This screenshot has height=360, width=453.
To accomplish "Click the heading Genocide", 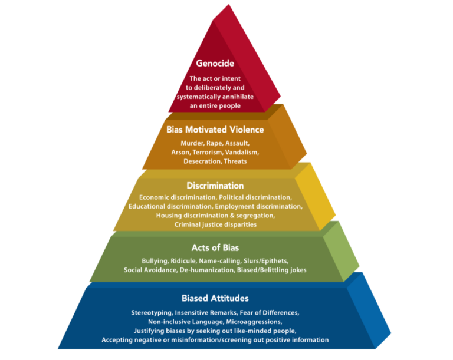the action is [215, 63].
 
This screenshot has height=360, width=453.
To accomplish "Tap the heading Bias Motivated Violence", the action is [215, 130].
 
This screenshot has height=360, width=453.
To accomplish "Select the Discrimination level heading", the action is [215, 186].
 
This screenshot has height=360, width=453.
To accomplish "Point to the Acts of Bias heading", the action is [215, 247].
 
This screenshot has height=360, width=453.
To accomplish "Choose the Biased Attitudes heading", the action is [215, 298].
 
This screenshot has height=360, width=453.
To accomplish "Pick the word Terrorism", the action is [208, 152].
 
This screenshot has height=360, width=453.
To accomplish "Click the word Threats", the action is [235, 161].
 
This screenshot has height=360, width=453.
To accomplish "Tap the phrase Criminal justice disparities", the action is [215, 224].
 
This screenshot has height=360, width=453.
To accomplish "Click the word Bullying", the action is [155, 261].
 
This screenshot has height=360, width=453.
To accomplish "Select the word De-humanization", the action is [207, 270].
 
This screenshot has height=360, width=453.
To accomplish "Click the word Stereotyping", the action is [152, 313].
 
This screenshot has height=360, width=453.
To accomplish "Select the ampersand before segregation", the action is [232, 216].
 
